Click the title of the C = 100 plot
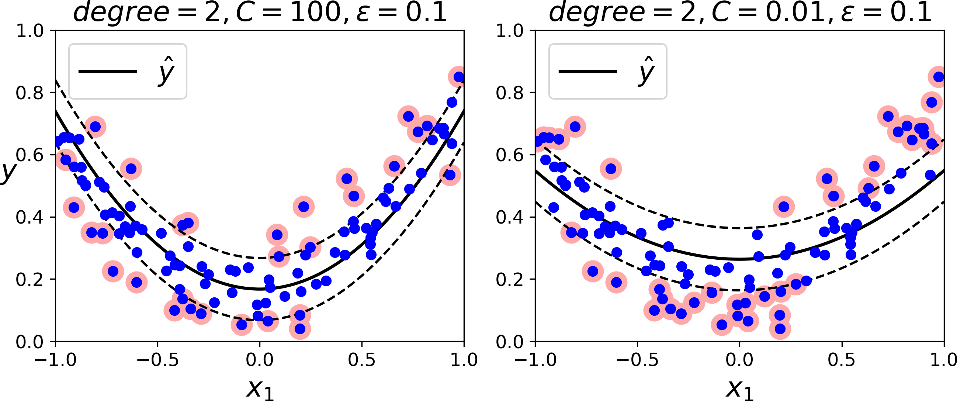(x=260, y=12)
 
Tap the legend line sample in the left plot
(x=108, y=71)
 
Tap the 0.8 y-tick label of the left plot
(x=30, y=93)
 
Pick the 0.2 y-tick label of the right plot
(x=509, y=280)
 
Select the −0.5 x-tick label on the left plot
(x=157, y=360)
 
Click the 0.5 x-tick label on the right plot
(x=842, y=360)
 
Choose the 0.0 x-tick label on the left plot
(x=260, y=360)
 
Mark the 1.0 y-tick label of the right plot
(x=509, y=31)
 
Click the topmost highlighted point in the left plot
(x=459, y=77)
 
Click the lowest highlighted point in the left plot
(x=300, y=329)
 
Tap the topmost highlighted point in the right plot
(x=939, y=77)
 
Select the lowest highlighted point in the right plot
(x=780, y=329)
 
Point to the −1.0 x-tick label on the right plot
(x=535, y=360)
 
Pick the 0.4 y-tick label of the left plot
(x=30, y=217)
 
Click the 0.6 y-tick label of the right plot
(x=509, y=155)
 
